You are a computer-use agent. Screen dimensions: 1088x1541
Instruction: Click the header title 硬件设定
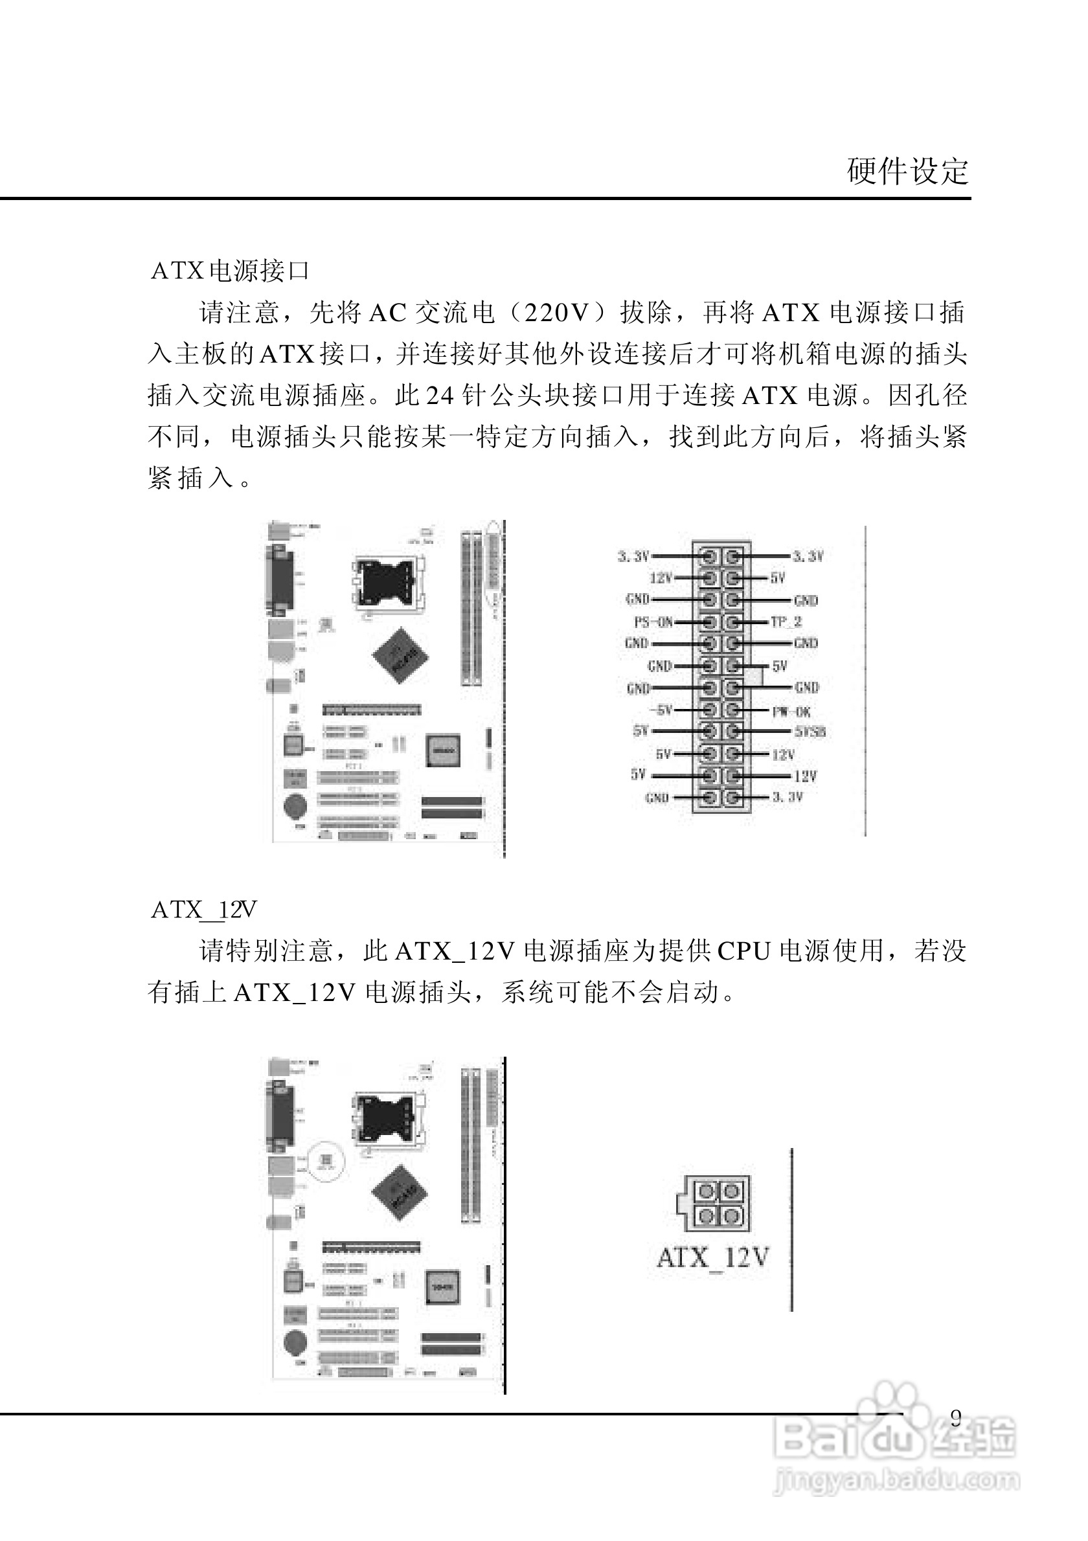[x=907, y=171]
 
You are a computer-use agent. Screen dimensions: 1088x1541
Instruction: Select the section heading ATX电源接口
[x=230, y=271]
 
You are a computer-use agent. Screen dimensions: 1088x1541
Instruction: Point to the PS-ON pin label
[x=653, y=622]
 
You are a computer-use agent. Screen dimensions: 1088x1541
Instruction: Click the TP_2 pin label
[x=786, y=622]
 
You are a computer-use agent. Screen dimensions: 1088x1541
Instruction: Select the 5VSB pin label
[x=810, y=732]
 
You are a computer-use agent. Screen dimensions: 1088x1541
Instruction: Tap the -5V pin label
[x=661, y=710]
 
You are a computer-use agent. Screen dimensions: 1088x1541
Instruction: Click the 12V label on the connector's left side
[x=661, y=578]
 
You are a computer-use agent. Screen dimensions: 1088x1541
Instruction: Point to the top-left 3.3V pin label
[x=633, y=556]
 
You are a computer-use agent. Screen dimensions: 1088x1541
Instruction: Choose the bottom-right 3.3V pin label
[x=788, y=796]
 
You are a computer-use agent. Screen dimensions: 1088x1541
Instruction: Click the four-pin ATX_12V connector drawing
[x=713, y=1204]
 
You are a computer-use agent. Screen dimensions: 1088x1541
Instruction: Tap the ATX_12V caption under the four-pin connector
[x=713, y=1257]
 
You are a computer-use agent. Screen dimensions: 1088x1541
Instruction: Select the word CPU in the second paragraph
[x=743, y=952]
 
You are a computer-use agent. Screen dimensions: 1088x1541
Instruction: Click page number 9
[x=956, y=1417]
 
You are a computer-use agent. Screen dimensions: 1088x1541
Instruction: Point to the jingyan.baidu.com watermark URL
[x=896, y=1480]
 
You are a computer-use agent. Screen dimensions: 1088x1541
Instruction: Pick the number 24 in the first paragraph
[x=440, y=396]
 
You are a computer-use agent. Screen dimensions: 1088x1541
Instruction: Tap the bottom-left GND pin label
[x=657, y=798]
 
